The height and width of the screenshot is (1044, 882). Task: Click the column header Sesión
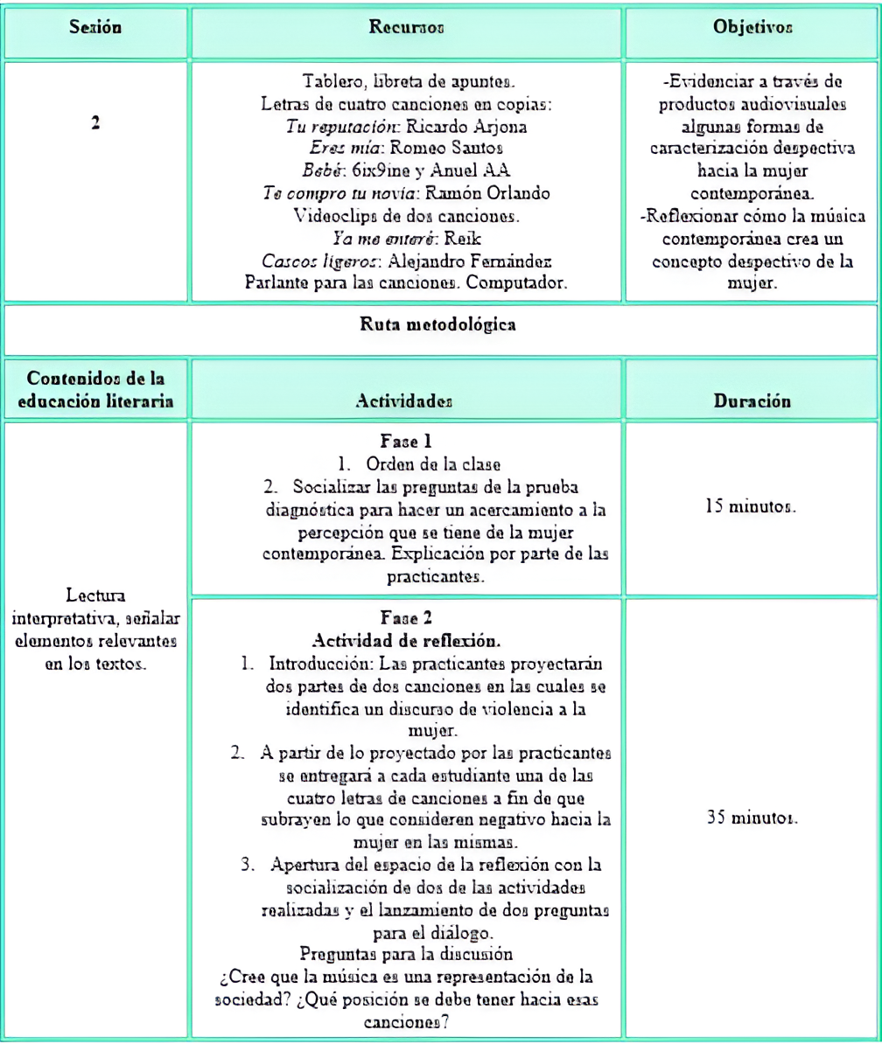click(94, 29)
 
